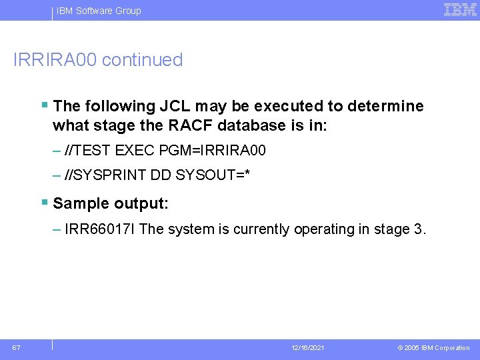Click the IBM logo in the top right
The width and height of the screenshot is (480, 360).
(x=460, y=10)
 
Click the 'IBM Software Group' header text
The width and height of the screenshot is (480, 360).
(x=99, y=11)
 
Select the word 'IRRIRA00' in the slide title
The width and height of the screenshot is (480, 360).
(x=55, y=60)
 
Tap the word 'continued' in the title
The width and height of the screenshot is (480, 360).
(x=143, y=60)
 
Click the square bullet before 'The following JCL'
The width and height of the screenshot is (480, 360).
(x=44, y=105)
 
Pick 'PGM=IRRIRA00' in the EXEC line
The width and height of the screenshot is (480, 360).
(x=213, y=151)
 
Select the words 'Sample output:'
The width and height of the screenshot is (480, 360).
(x=110, y=203)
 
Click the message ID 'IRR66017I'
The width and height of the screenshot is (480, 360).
(x=101, y=229)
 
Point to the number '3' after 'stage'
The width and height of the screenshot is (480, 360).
(x=418, y=229)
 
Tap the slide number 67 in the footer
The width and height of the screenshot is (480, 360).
(x=15, y=347)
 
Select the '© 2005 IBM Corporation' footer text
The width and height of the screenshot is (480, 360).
(x=433, y=348)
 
